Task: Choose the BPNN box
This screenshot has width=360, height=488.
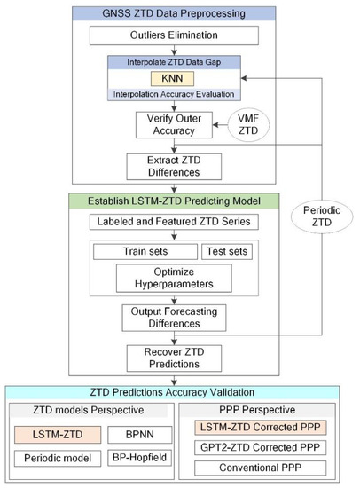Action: pos(134,436)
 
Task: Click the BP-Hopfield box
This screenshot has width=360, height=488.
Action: pos(134,462)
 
